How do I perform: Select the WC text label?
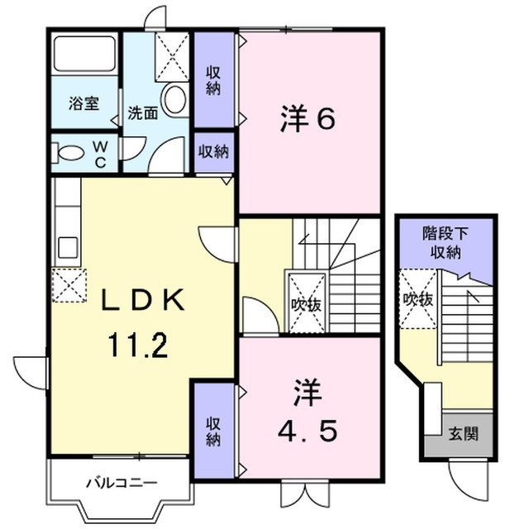point(99,152)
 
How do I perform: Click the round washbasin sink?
point(175,100)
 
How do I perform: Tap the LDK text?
point(141,299)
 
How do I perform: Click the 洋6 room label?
point(307,121)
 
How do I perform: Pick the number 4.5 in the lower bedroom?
point(306,430)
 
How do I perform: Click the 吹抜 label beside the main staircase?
point(305,304)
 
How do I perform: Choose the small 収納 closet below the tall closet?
point(214,151)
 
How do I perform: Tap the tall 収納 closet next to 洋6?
point(214,80)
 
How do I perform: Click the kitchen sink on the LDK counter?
point(68,246)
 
